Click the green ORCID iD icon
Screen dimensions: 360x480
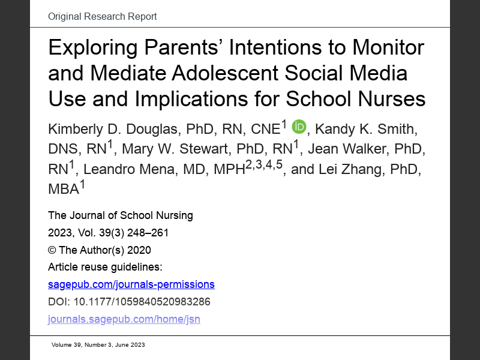299,127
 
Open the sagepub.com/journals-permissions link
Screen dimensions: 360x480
131,284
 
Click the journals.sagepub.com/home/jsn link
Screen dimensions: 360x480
124,319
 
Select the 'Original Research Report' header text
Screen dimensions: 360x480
102,16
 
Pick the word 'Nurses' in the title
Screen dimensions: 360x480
392,98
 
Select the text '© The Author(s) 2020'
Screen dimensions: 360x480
99,250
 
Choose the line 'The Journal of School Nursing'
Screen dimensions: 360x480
120,215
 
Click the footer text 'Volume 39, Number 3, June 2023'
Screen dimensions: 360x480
98,345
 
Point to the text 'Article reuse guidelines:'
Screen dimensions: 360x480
105,267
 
